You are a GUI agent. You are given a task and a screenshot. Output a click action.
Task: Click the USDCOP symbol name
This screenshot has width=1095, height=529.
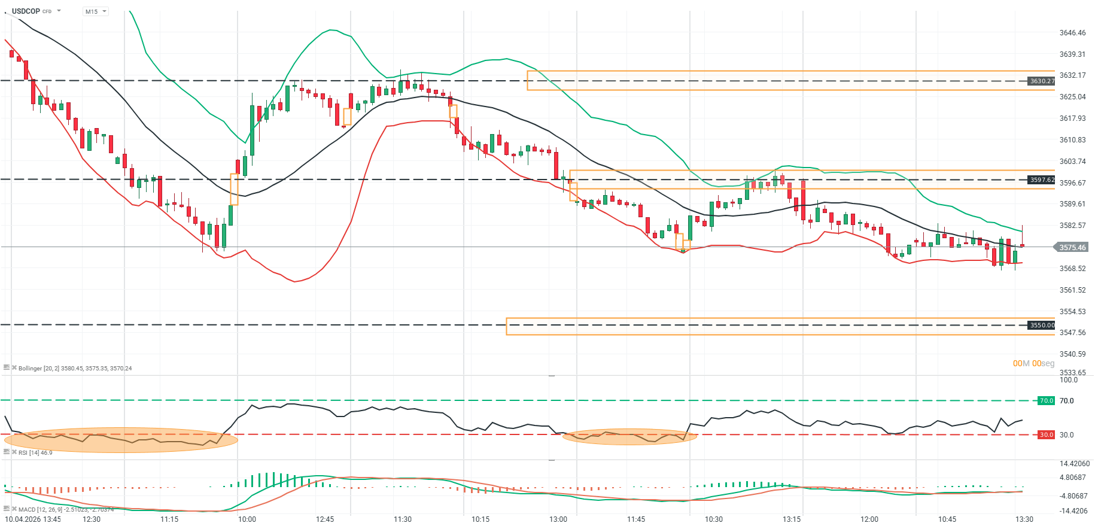click(26, 11)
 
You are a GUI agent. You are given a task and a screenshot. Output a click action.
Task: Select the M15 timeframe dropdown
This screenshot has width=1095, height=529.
click(95, 11)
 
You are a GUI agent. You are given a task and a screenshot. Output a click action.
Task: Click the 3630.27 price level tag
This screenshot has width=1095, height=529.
click(1042, 81)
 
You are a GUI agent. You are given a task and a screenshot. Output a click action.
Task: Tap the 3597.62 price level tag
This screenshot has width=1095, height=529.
click(1042, 180)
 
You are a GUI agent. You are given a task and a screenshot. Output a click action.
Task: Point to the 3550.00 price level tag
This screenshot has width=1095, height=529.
click(1042, 325)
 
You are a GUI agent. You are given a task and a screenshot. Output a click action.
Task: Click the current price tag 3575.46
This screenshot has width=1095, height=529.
click(1072, 247)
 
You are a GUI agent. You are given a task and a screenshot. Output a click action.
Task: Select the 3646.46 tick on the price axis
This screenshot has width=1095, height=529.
click(1072, 33)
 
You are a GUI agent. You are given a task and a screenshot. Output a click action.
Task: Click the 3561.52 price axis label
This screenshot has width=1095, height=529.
click(1072, 290)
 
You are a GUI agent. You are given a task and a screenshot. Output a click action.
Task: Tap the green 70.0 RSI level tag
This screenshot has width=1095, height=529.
click(1046, 400)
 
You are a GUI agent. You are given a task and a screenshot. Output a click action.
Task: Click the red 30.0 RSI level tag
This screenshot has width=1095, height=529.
click(1046, 434)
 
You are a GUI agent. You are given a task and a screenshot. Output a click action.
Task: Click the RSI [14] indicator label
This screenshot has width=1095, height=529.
click(35, 452)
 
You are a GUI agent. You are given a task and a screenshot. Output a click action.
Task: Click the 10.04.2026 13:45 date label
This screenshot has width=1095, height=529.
click(33, 519)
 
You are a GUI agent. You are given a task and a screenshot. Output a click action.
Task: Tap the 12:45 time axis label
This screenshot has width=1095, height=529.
click(325, 519)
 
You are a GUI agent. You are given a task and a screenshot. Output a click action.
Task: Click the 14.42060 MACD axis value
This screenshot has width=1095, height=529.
click(1075, 464)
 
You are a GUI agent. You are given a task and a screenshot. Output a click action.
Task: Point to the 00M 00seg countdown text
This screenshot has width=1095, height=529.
click(1033, 363)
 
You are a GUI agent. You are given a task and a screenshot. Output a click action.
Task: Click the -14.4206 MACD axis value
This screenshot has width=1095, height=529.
click(1073, 510)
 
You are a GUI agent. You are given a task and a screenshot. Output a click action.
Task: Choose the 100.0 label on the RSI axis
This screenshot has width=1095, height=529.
click(1068, 380)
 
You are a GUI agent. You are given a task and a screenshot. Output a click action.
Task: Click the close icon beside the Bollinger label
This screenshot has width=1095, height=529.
click(14, 367)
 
